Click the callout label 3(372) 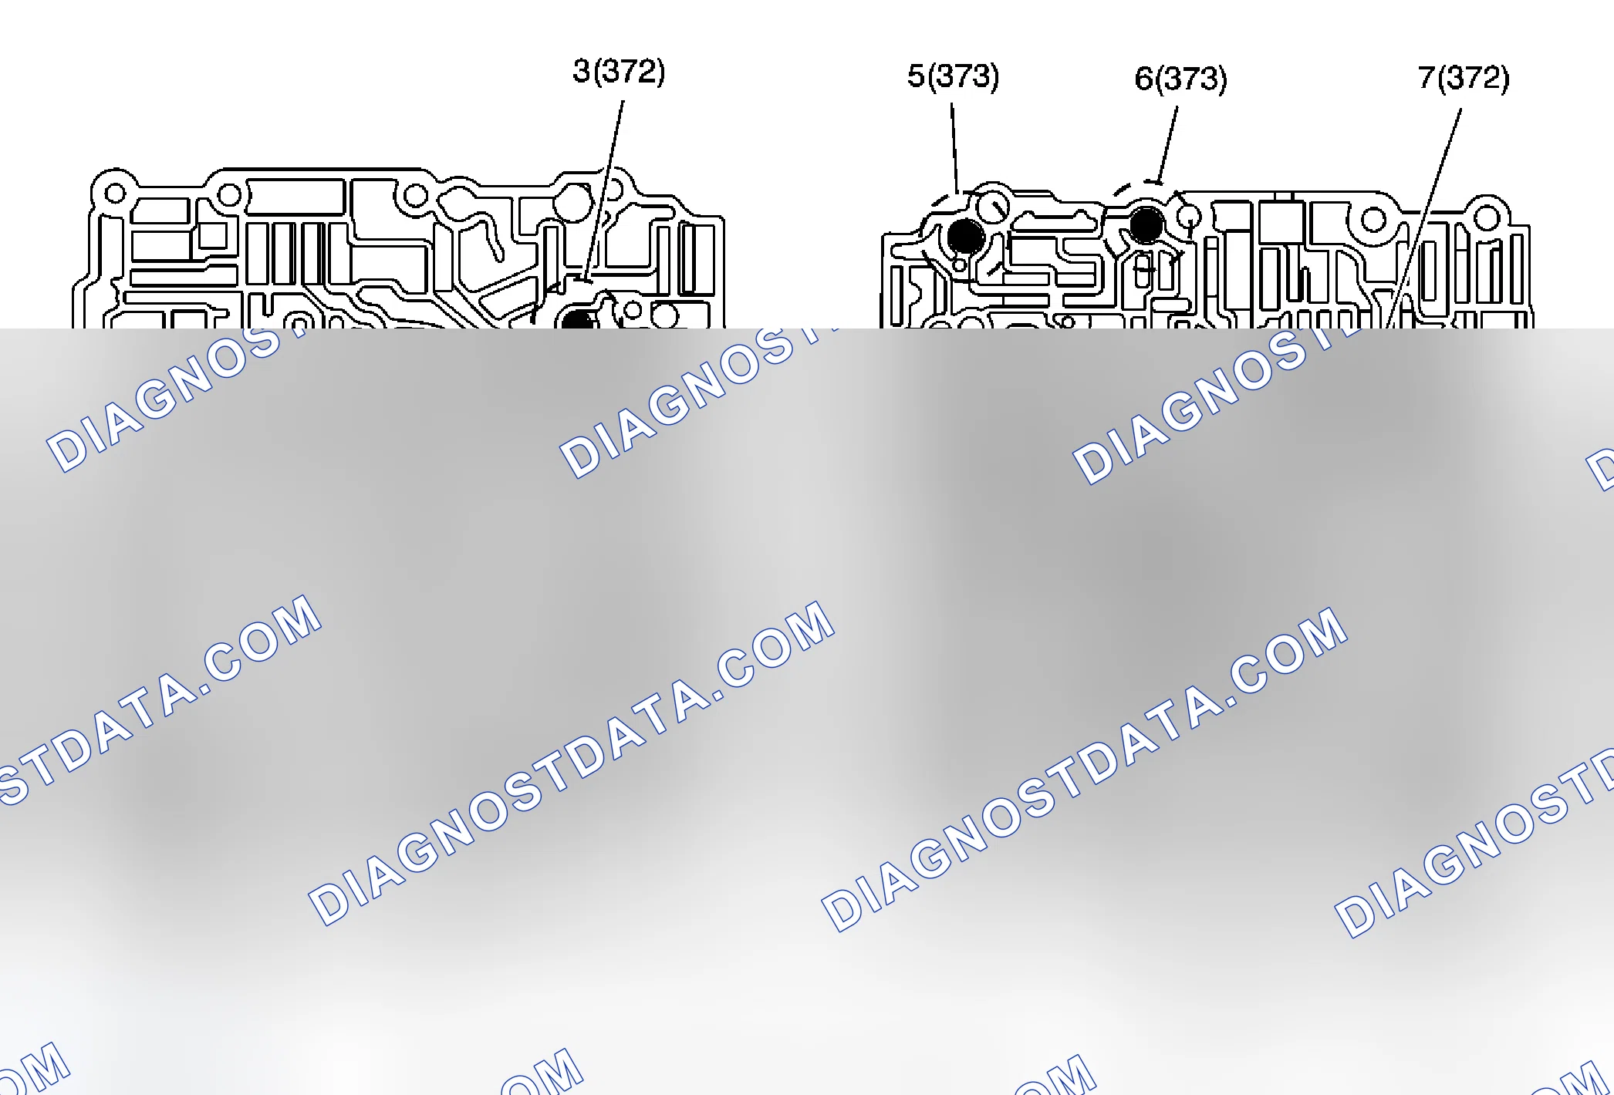pos(619,71)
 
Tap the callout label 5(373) pos(953,76)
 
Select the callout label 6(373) pos(1180,79)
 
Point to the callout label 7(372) pos(1464,77)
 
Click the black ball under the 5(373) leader pos(965,236)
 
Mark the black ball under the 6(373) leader pos(1146,224)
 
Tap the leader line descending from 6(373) pos(1167,143)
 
